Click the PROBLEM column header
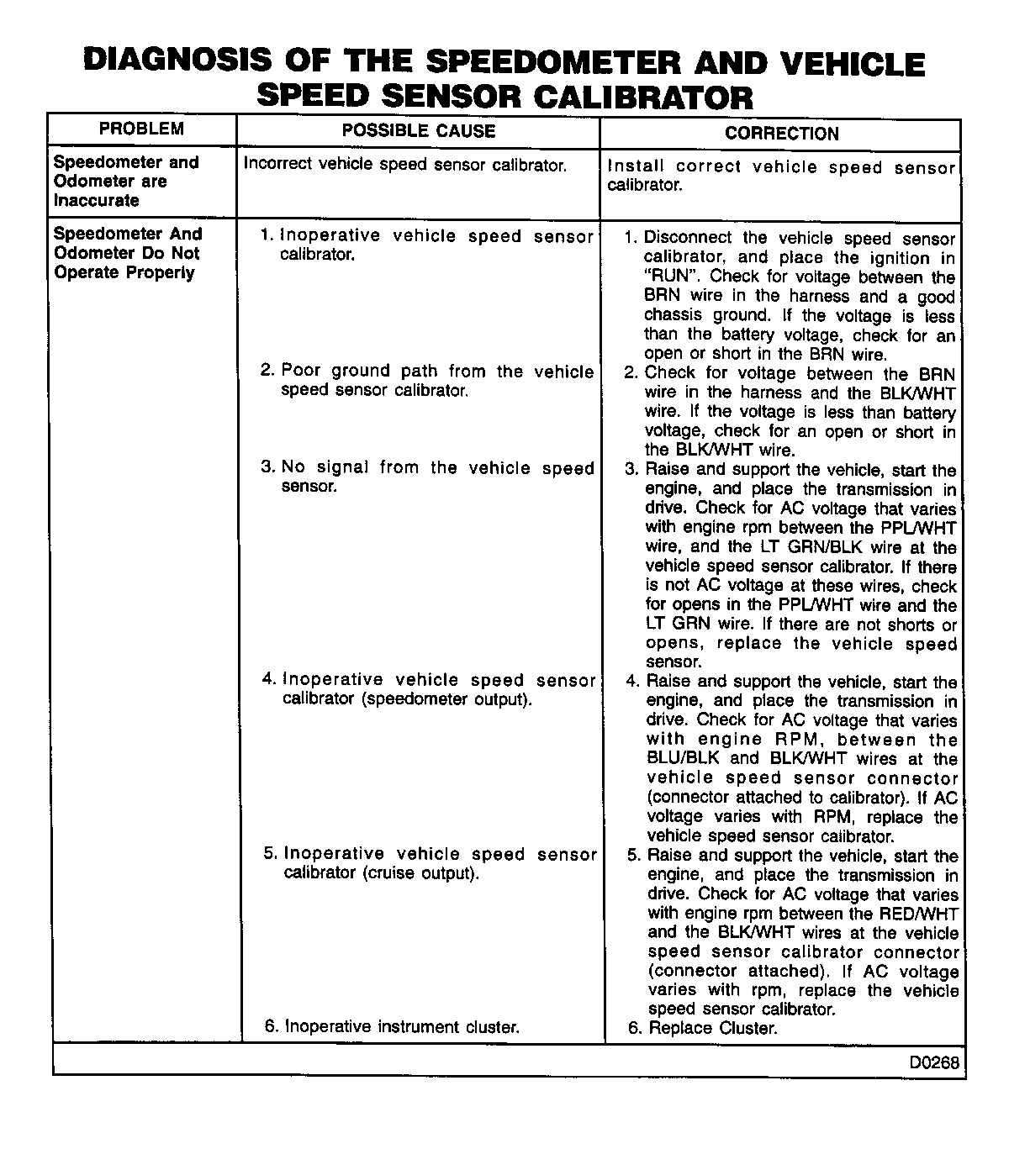(x=141, y=129)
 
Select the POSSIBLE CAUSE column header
(x=419, y=130)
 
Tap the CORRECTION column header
(x=781, y=133)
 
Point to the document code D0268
(x=933, y=1062)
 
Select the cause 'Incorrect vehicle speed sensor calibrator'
(x=405, y=165)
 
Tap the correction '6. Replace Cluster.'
(x=703, y=1028)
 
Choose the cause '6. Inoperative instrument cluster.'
(x=392, y=1026)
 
